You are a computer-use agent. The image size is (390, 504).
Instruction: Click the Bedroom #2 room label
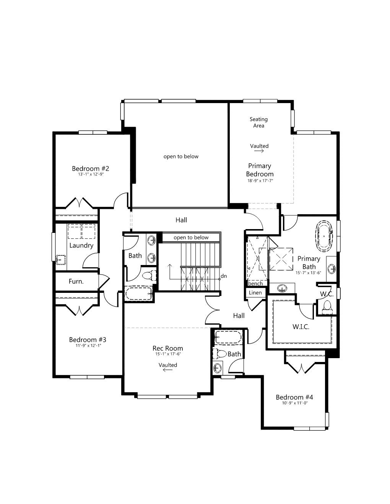tap(90, 168)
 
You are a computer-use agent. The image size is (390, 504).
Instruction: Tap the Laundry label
tap(81, 246)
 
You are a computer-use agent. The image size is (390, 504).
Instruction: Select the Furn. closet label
tap(76, 281)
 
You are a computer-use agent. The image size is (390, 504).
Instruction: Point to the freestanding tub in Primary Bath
tap(324, 236)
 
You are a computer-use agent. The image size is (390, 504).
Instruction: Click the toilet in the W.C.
tap(327, 306)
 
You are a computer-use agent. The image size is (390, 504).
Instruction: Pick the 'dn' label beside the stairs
tap(224, 276)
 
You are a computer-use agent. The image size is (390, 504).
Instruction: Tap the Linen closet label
tap(255, 293)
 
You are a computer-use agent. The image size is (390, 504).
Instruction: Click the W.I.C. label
tap(301, 327)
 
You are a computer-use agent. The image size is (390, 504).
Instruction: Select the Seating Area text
tap(258, 122)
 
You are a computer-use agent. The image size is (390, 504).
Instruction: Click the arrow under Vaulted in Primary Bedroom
tap(259, 151)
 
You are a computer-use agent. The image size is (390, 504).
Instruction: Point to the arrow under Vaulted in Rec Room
tap(168, 370)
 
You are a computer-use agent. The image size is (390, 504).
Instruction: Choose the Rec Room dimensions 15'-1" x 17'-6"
tap(168, 354)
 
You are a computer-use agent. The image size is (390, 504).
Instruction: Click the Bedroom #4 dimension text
tap(295, 403)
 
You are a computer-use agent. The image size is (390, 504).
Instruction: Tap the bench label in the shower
tap(255, 283)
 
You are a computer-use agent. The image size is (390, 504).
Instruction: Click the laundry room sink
tap(61, 260)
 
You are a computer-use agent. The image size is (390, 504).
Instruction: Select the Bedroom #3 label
tap(88, 339)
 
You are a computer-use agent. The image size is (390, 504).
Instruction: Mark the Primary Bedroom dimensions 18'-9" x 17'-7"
tap(260, 181)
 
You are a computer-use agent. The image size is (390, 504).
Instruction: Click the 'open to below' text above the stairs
tap(191, 237)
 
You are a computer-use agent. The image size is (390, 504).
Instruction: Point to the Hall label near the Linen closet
tap(239, 315)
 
